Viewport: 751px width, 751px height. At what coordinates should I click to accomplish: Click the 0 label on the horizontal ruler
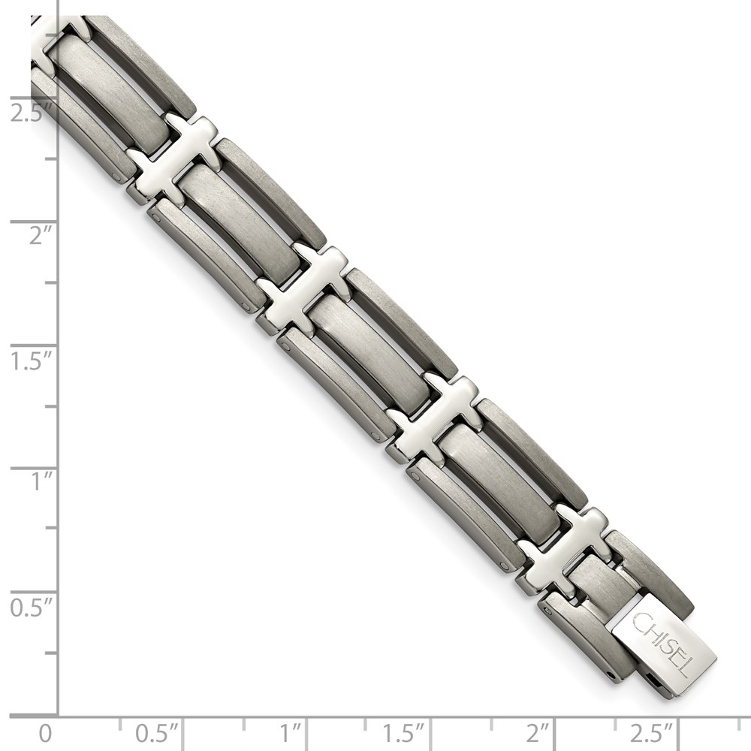pyautogui.click(x=47, y=732)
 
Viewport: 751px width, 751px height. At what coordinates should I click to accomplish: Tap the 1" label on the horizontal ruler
pyautogui.click(x=291, y=732)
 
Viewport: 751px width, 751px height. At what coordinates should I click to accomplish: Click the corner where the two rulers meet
pyautogui.click(x=59, y=715)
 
